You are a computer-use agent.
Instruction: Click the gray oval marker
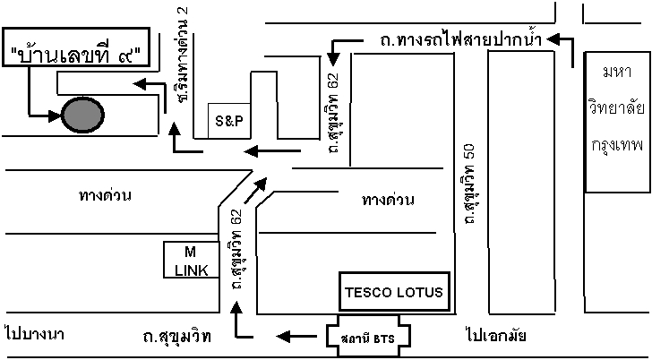[81, 114]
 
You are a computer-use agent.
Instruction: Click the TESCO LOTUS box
[395, 291]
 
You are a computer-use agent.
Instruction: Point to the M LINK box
[191, 260]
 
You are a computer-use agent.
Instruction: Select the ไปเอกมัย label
[495, 337]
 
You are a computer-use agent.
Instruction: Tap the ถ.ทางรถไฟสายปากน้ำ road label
[454, 40]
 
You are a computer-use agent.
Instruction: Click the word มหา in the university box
[617, 71]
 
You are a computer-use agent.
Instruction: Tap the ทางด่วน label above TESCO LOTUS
[388, 199]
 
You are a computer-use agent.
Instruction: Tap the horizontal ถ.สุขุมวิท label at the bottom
[176, 337]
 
